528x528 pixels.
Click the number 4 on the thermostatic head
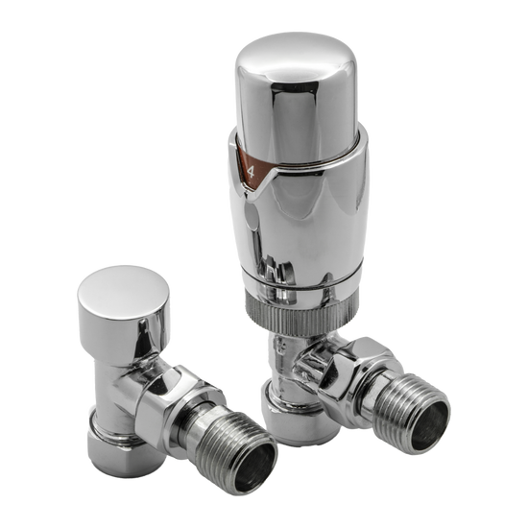click(252, 175)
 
